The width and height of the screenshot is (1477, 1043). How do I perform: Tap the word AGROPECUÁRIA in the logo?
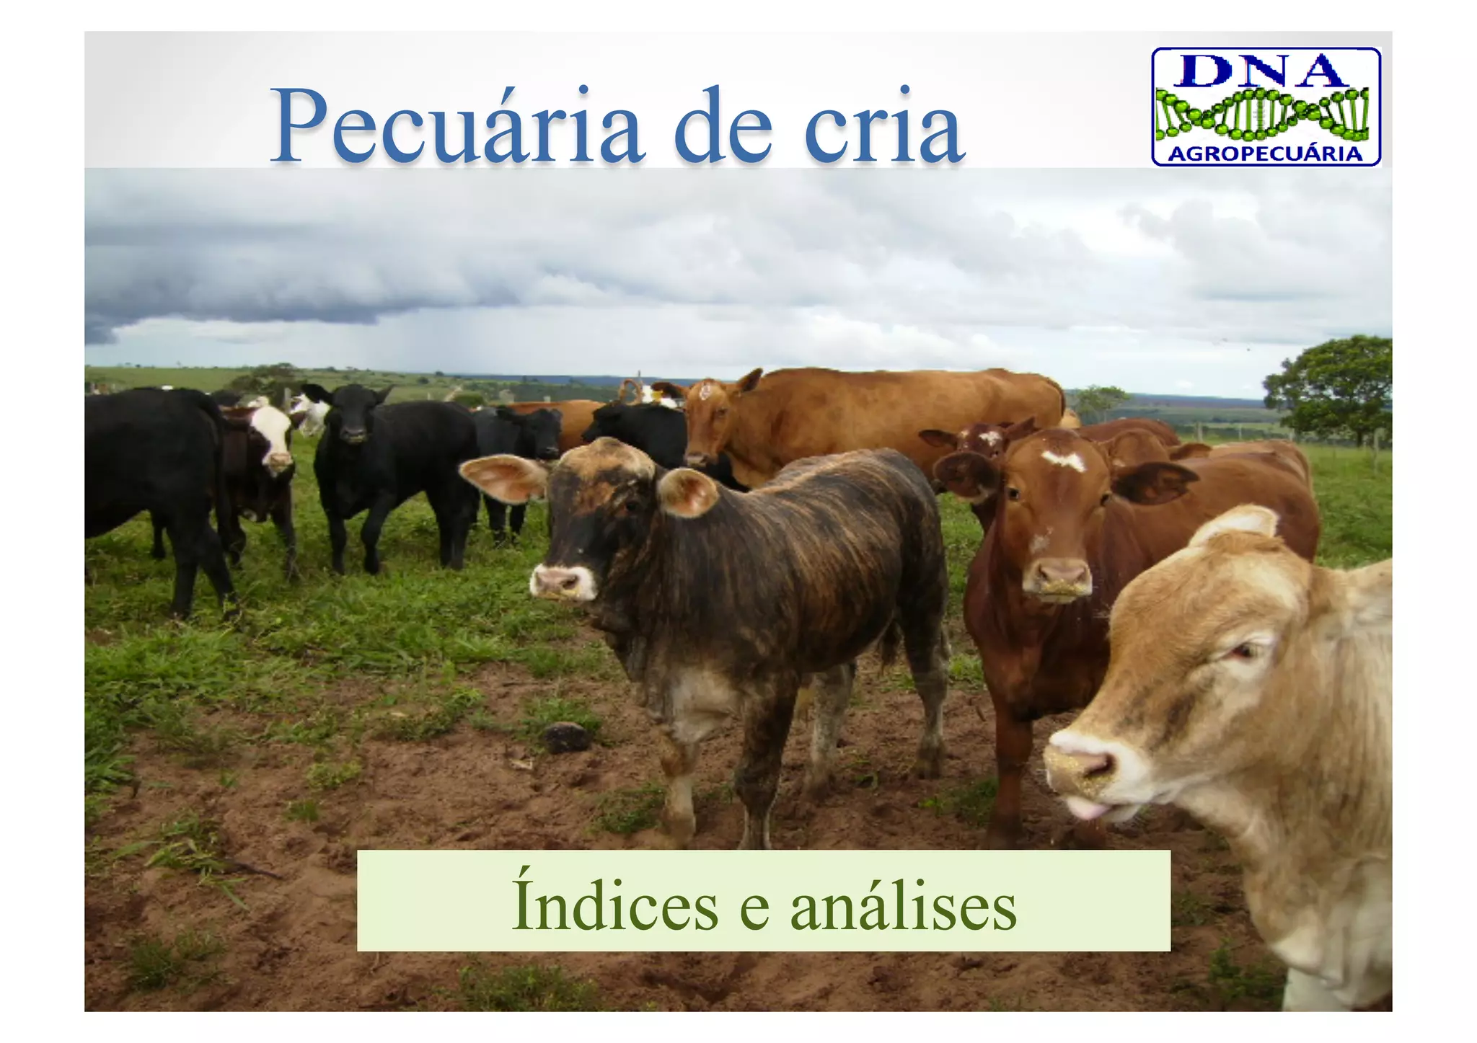coord(1265,154)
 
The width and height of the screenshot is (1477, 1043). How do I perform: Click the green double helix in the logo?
coord(1262,114)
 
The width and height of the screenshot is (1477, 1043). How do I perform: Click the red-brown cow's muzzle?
coord(1057,577)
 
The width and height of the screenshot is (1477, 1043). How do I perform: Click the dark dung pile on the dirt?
coord(567,736)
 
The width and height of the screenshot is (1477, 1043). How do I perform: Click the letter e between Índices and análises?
coord(754,910)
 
